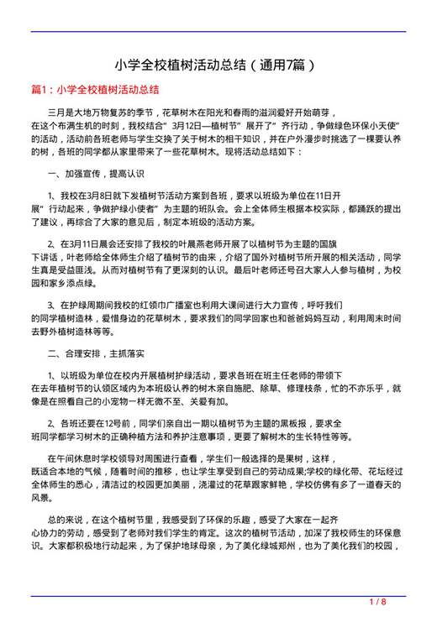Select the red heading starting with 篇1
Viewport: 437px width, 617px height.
95,88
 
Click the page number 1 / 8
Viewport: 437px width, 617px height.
377,602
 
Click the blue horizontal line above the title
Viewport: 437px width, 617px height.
218,32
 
